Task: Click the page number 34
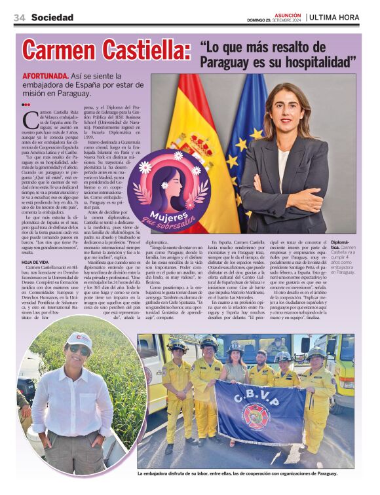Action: [18, 18]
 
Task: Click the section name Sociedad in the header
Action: [52, 18]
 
